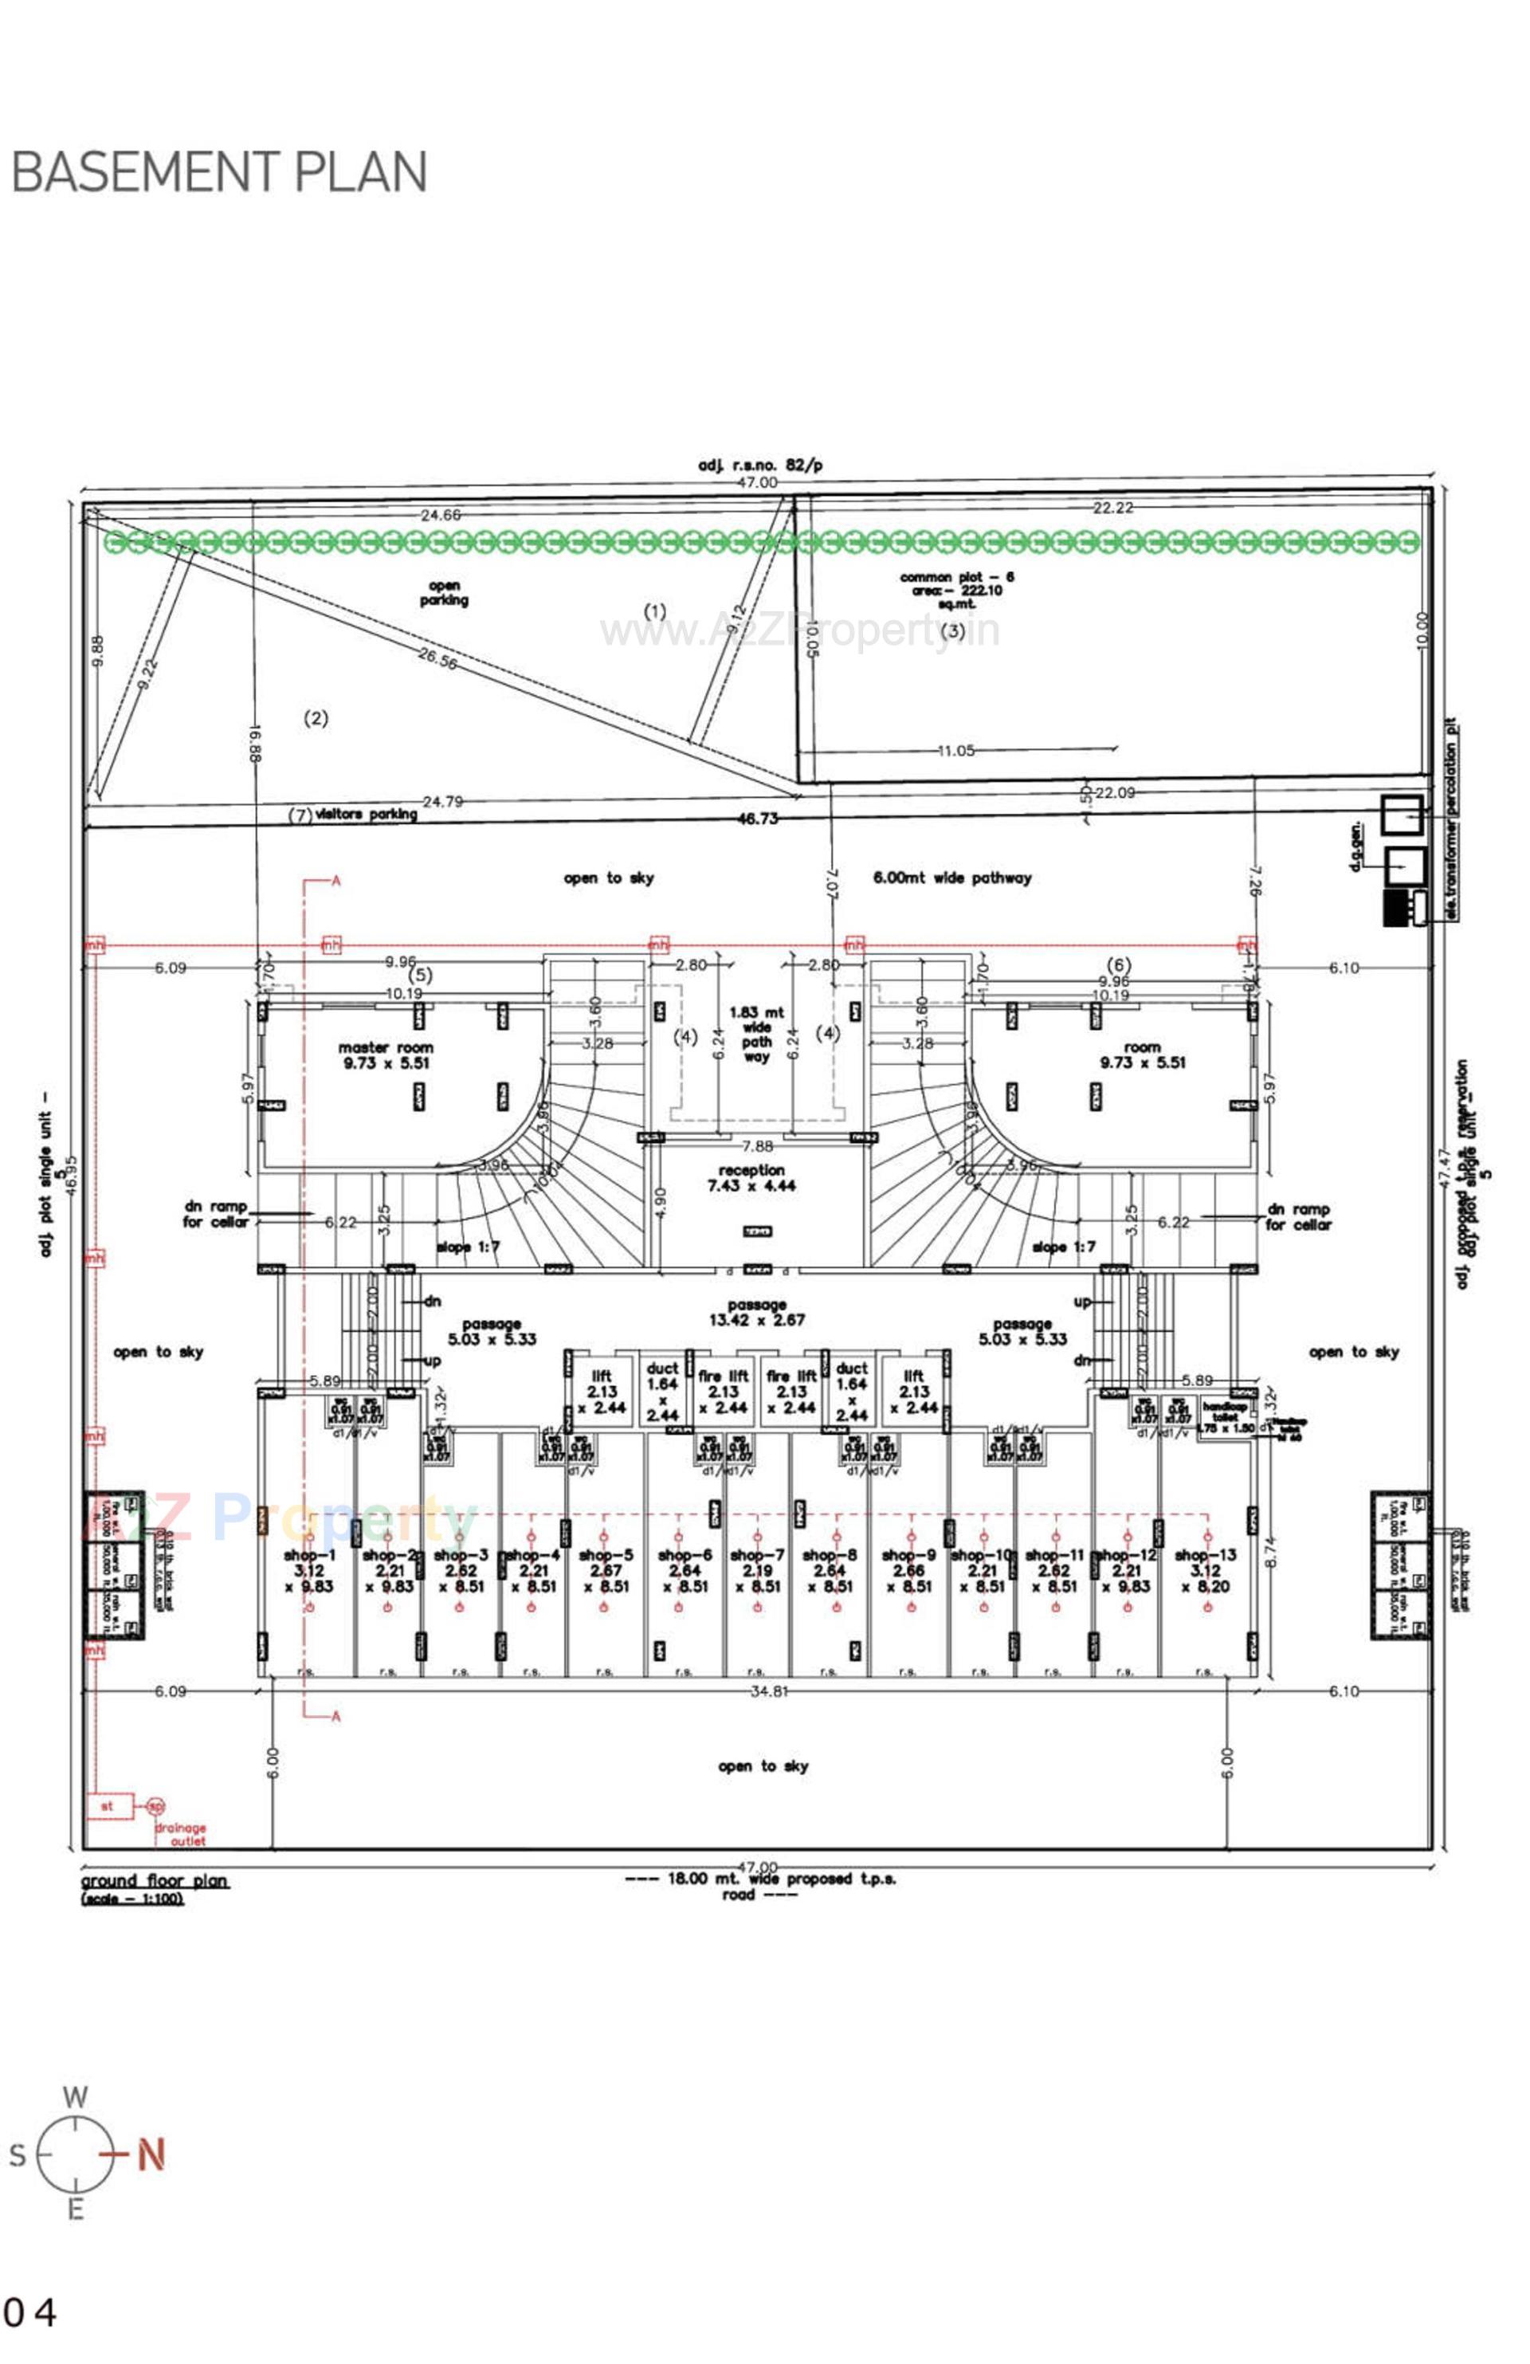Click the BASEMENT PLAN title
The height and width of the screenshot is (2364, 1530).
(x=218, y=172)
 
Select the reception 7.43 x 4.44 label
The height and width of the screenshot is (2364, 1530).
(x=751, y=1178)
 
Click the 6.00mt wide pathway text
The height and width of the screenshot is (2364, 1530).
(x=951, y=878)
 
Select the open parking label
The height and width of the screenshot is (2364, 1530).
(x=443, y=593)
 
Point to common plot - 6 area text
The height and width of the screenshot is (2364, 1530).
(x=956, y=590)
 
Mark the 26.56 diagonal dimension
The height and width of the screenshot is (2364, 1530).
(x=437, y=658)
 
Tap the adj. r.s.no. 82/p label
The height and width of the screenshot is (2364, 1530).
(x=759, y=465)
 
